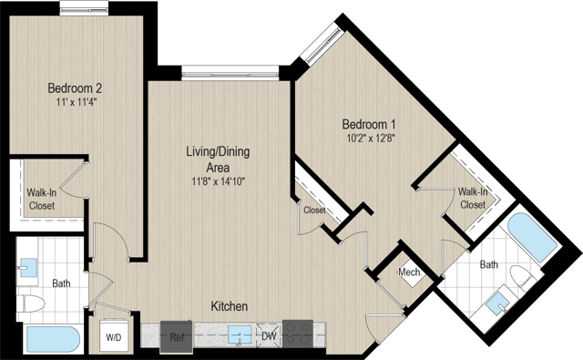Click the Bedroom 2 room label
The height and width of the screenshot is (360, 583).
point(75,88)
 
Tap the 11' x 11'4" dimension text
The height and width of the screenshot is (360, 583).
point(77,102)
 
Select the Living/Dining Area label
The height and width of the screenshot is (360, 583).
point(218,159)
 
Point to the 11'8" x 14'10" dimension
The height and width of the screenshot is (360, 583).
point(219,182)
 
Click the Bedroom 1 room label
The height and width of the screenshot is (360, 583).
point(369,124)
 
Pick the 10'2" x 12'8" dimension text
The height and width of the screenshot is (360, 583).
point(371,139)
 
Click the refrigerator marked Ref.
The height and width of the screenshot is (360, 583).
point(177,337)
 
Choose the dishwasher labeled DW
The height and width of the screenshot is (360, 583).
point(269,335)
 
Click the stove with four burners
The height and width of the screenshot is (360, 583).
point(298,334)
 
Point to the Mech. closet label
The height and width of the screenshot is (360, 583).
point(410,273)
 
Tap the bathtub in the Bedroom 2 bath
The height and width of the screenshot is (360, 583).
point(53,339)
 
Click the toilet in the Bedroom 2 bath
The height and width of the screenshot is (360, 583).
point(31,303)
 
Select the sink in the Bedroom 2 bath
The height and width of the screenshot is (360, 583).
point(28,268)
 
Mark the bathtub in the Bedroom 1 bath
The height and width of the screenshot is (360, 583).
point(532,239)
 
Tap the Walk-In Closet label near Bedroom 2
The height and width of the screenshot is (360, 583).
point(42,199)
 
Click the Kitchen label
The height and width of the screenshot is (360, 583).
point(230,306)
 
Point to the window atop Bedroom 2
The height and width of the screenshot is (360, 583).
point(84,8)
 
